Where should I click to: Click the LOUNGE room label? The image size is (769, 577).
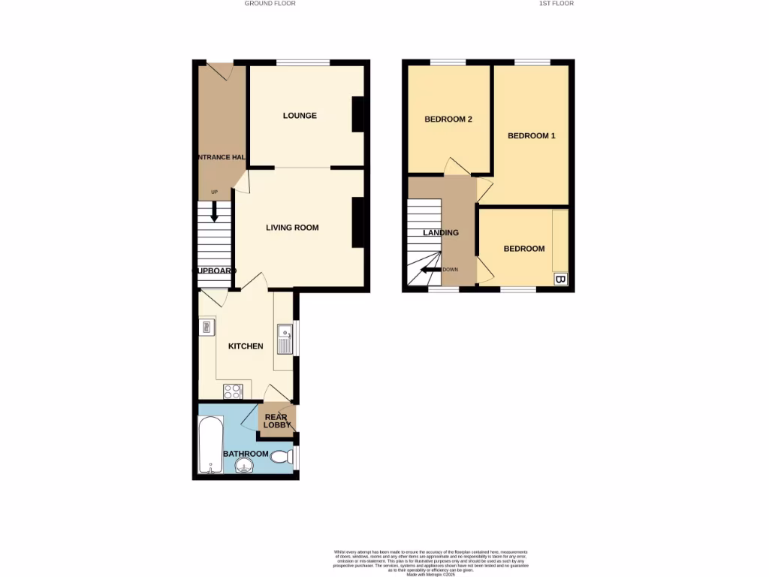pyautogui.click(x=300, y=116)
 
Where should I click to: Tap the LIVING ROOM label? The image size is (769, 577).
pyautogui.click(x=292, y=228)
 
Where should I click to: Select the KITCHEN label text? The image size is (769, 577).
pyautogui.click(x=246, y=346)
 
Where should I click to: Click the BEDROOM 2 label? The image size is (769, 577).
pyautogui.click(x=448, y=119)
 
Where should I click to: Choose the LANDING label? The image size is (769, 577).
pyautogui.click(x=441, y=233)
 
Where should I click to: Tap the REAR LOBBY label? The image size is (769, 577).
pyautogui.click(x=277, y=421)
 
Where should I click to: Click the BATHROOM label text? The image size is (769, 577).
pyautogui.click(x=246, y=454)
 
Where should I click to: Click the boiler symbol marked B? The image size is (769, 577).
pyautogui.click(x=559, y=279)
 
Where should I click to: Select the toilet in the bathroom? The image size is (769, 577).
pyautogui.click(x=281, y=456)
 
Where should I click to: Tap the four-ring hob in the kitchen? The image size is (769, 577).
pyautogui.click(x=233, y=391)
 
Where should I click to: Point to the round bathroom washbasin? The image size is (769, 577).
pyautogui.click(x=246, y=468)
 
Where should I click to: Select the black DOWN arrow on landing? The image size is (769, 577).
pyautogui.click(x=430, y=270)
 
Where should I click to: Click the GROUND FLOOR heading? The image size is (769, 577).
pyautogui.click(x=270, y=4)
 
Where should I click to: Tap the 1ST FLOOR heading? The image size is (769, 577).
pyautogui.click(x=556, y=4)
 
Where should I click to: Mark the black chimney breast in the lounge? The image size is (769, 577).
pyautogui.click(x=358, y=114)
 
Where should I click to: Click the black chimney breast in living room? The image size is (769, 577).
pyautogui.click(x=358, y=222)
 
